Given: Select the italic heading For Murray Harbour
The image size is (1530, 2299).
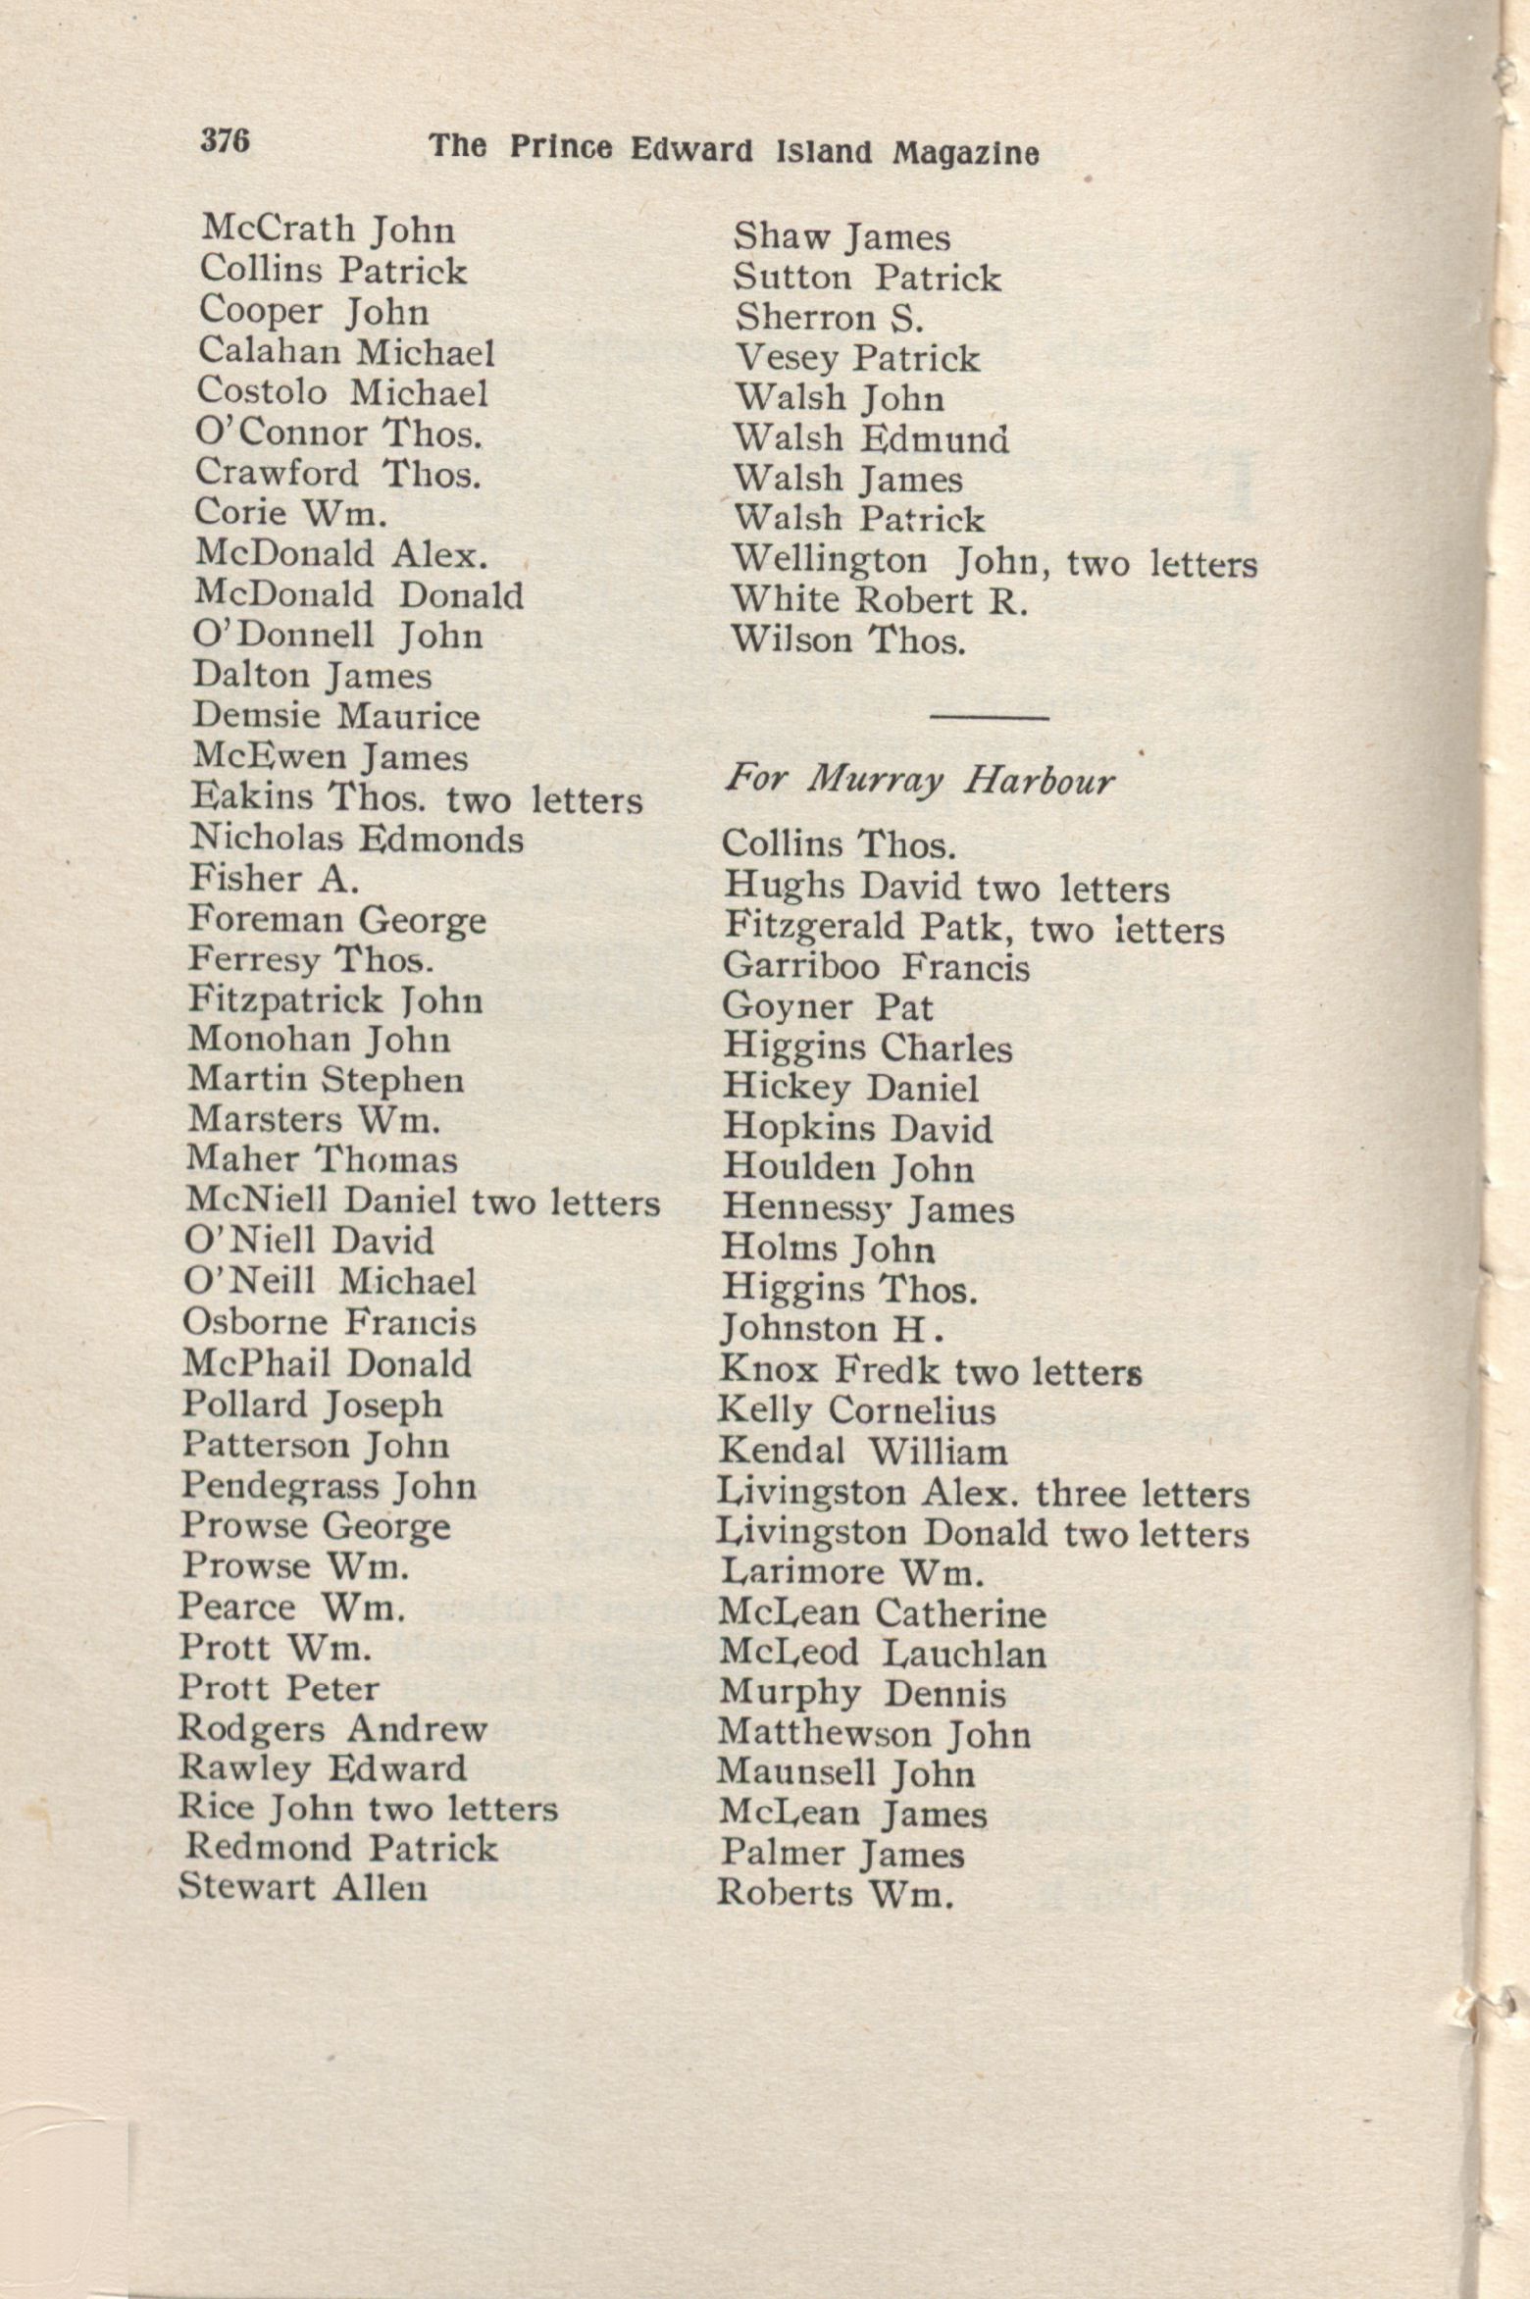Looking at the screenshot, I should (x=920, y=782).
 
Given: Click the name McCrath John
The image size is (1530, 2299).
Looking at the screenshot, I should (x=329, y=230).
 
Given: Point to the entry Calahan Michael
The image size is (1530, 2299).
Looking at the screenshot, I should (x=346, y=351).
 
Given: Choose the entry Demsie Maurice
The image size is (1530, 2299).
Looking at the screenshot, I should (x=335, y=716).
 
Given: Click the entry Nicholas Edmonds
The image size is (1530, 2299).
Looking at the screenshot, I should (x=356, y=840).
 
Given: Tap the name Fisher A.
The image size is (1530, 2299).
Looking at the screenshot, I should (x=274, y=879).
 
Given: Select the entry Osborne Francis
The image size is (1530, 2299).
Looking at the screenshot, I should (x=329, y=1322).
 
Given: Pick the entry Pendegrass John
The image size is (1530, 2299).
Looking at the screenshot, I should (x=329, y=1486).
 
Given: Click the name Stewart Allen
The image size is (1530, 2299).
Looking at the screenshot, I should (x=303, y=1886).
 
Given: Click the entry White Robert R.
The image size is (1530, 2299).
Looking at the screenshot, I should (x=880, y=600).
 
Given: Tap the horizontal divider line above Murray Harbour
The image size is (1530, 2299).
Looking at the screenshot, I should (x=988, y=719).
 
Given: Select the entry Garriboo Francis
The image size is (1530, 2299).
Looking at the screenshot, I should (x=876, y=967).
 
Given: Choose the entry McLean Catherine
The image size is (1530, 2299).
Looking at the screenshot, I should (x=882, y=1613).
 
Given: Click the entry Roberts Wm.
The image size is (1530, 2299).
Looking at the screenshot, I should (x=835, y=1893).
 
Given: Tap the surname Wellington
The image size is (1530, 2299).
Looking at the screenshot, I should (x=829, y=561).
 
